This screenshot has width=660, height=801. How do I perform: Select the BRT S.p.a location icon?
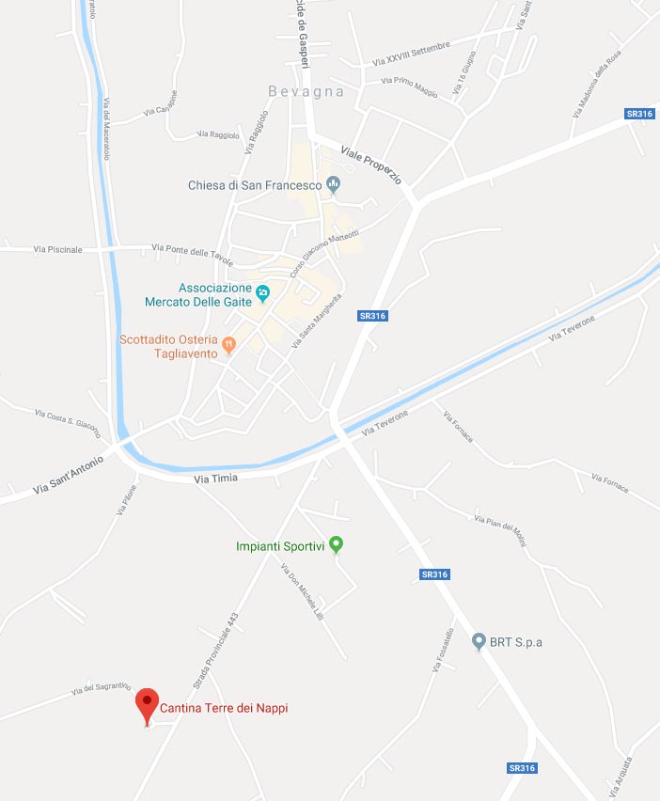click(x=479, y=642)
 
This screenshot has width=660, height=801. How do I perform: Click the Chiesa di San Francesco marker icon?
click(x=331, y=185)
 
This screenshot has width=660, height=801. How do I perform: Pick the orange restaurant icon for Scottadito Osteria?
click(x=228, y=346)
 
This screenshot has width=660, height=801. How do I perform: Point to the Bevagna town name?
click(x=306, y=92)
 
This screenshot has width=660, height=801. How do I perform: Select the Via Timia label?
click(x=215, y=479)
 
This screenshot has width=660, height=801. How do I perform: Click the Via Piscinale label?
click(x=57, y=249)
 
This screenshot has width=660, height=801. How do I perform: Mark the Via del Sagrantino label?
click(x=101, y=689)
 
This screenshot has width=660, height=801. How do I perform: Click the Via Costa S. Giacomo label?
click(x=67, y=423)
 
